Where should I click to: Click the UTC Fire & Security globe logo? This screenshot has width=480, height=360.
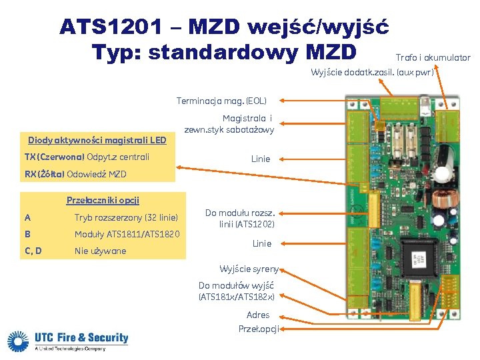pyautogui.click(x=20, y=341)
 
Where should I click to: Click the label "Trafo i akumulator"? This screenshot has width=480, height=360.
pyautogui.click(x=433, y=58)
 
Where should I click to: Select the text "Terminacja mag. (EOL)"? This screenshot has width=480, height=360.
pyautogui.click(x=221, y=101)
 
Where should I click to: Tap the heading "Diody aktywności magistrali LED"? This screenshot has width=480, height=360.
pyautogui.click(x=97, y=140)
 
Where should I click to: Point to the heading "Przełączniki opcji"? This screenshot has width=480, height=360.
pyautogui.click(x=103, y=200)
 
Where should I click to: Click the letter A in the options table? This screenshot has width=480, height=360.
pyautogui.click(x=27, y=217)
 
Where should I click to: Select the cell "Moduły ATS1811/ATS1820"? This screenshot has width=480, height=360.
pyautogui.click(x=127, y=234)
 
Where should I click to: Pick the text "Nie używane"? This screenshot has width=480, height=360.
pyautogui.click(x=100, y=251)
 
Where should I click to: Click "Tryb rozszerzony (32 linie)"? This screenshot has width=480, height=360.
pyautogui.click(x=126, y=217)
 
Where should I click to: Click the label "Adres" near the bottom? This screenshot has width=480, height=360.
pyautogui.click(x=258, y=315)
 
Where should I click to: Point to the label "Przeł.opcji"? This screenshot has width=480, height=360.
pyautogui.click(x=259, y=329)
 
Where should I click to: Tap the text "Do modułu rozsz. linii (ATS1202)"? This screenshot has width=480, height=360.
pyautogui.click(x=239, y=219)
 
